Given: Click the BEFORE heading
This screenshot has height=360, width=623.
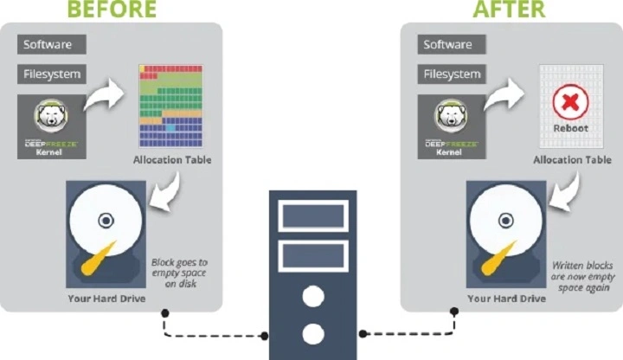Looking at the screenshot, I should pos(112,10).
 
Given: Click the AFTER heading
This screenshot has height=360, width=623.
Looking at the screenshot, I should pos(509,10).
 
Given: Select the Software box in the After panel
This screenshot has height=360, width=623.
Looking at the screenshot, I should pos(446,44).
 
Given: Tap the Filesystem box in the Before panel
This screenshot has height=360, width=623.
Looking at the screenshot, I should pos(52,74).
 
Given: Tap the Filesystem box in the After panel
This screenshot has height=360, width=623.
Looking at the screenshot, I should pos(451,74).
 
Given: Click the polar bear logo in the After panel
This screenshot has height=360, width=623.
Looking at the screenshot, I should pos(451,116).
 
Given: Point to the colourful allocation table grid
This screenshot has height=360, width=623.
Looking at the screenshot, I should pos(170,105).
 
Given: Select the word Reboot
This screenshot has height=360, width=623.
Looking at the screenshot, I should pos(570,128).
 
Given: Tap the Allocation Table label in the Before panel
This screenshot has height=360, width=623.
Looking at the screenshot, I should pos(171,160).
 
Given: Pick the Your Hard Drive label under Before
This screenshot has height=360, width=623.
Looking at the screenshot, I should pos(107,299).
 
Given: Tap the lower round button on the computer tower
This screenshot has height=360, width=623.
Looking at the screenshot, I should pos(312,334).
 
